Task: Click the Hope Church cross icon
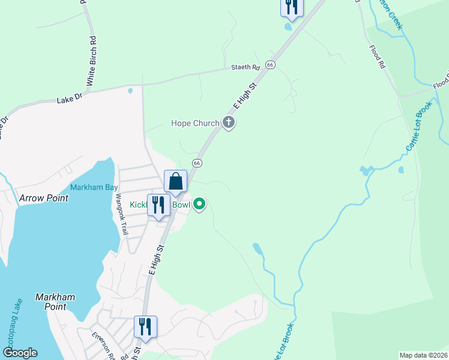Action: point(228,123)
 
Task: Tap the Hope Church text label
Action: point(195,124)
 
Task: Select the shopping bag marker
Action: point(176,181)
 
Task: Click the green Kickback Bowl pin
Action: point(199,205)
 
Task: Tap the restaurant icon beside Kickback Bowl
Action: point(158,205)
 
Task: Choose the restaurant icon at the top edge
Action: point(292,7)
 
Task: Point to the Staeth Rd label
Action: point(246,68)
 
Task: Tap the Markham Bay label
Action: point(94,187)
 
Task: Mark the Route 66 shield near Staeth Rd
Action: point(271,65)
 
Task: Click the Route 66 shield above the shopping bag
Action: point(196,163)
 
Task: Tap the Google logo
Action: point(20,353)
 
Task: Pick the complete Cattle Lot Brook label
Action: point(418,128)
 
